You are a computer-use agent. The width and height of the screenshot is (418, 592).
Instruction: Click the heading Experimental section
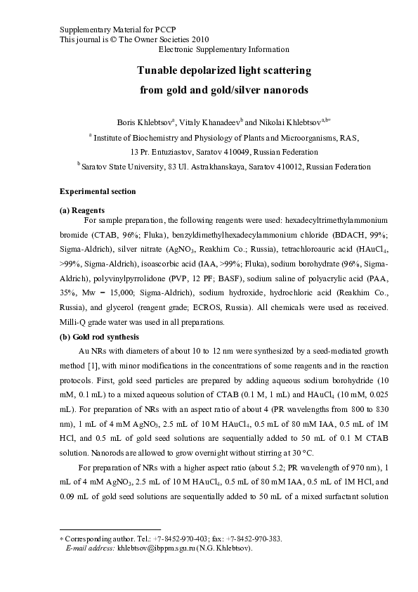(98, 192)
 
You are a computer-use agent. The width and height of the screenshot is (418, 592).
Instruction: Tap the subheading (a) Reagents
(83, 210)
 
